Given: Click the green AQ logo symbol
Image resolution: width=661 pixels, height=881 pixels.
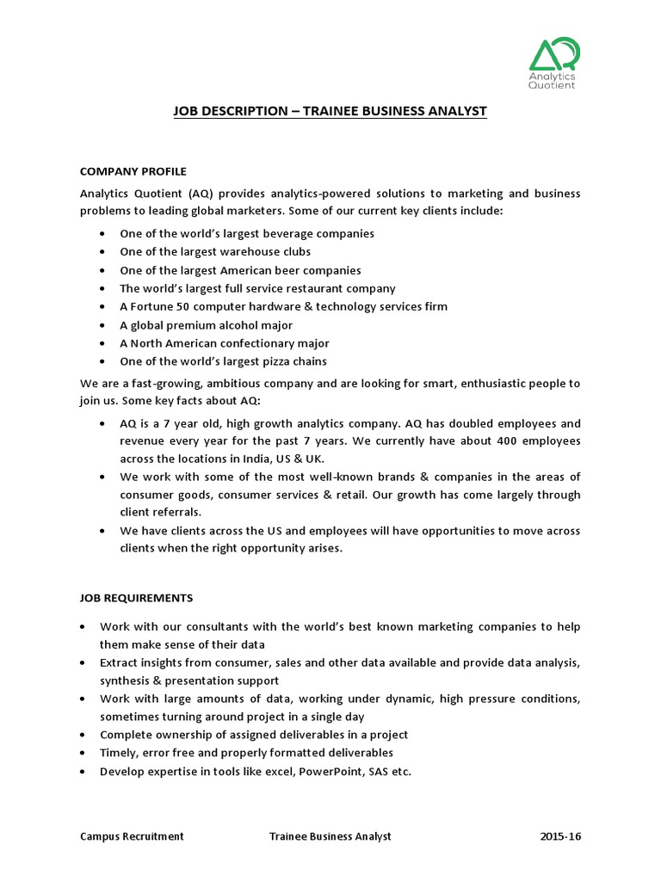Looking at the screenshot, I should click(554, 53).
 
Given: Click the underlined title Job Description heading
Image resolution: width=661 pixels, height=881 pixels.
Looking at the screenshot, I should click(330, 112).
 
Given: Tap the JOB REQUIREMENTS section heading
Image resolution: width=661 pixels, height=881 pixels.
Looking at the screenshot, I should click(137, 597).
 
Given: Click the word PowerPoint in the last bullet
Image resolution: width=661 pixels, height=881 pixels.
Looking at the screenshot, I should click(332, 771).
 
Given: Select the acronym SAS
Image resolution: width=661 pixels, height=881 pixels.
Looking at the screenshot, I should click(379, 771).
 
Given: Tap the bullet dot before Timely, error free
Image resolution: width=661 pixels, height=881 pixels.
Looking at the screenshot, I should click(82, 753).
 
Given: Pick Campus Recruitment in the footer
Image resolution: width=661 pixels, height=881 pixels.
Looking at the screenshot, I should click(132, 836).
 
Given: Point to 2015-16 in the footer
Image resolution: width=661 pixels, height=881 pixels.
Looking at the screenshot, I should click(560, 836).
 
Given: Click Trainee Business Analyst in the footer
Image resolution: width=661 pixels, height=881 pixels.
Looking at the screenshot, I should click(330, 836).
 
